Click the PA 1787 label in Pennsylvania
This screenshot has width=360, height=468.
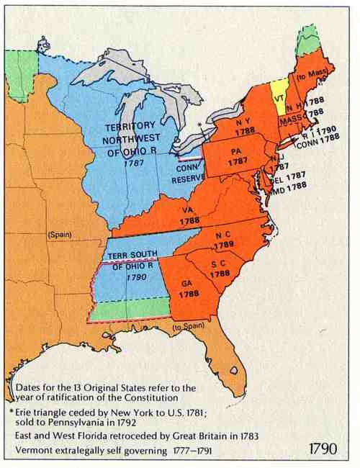235,158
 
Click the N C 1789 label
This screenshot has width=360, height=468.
223,240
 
